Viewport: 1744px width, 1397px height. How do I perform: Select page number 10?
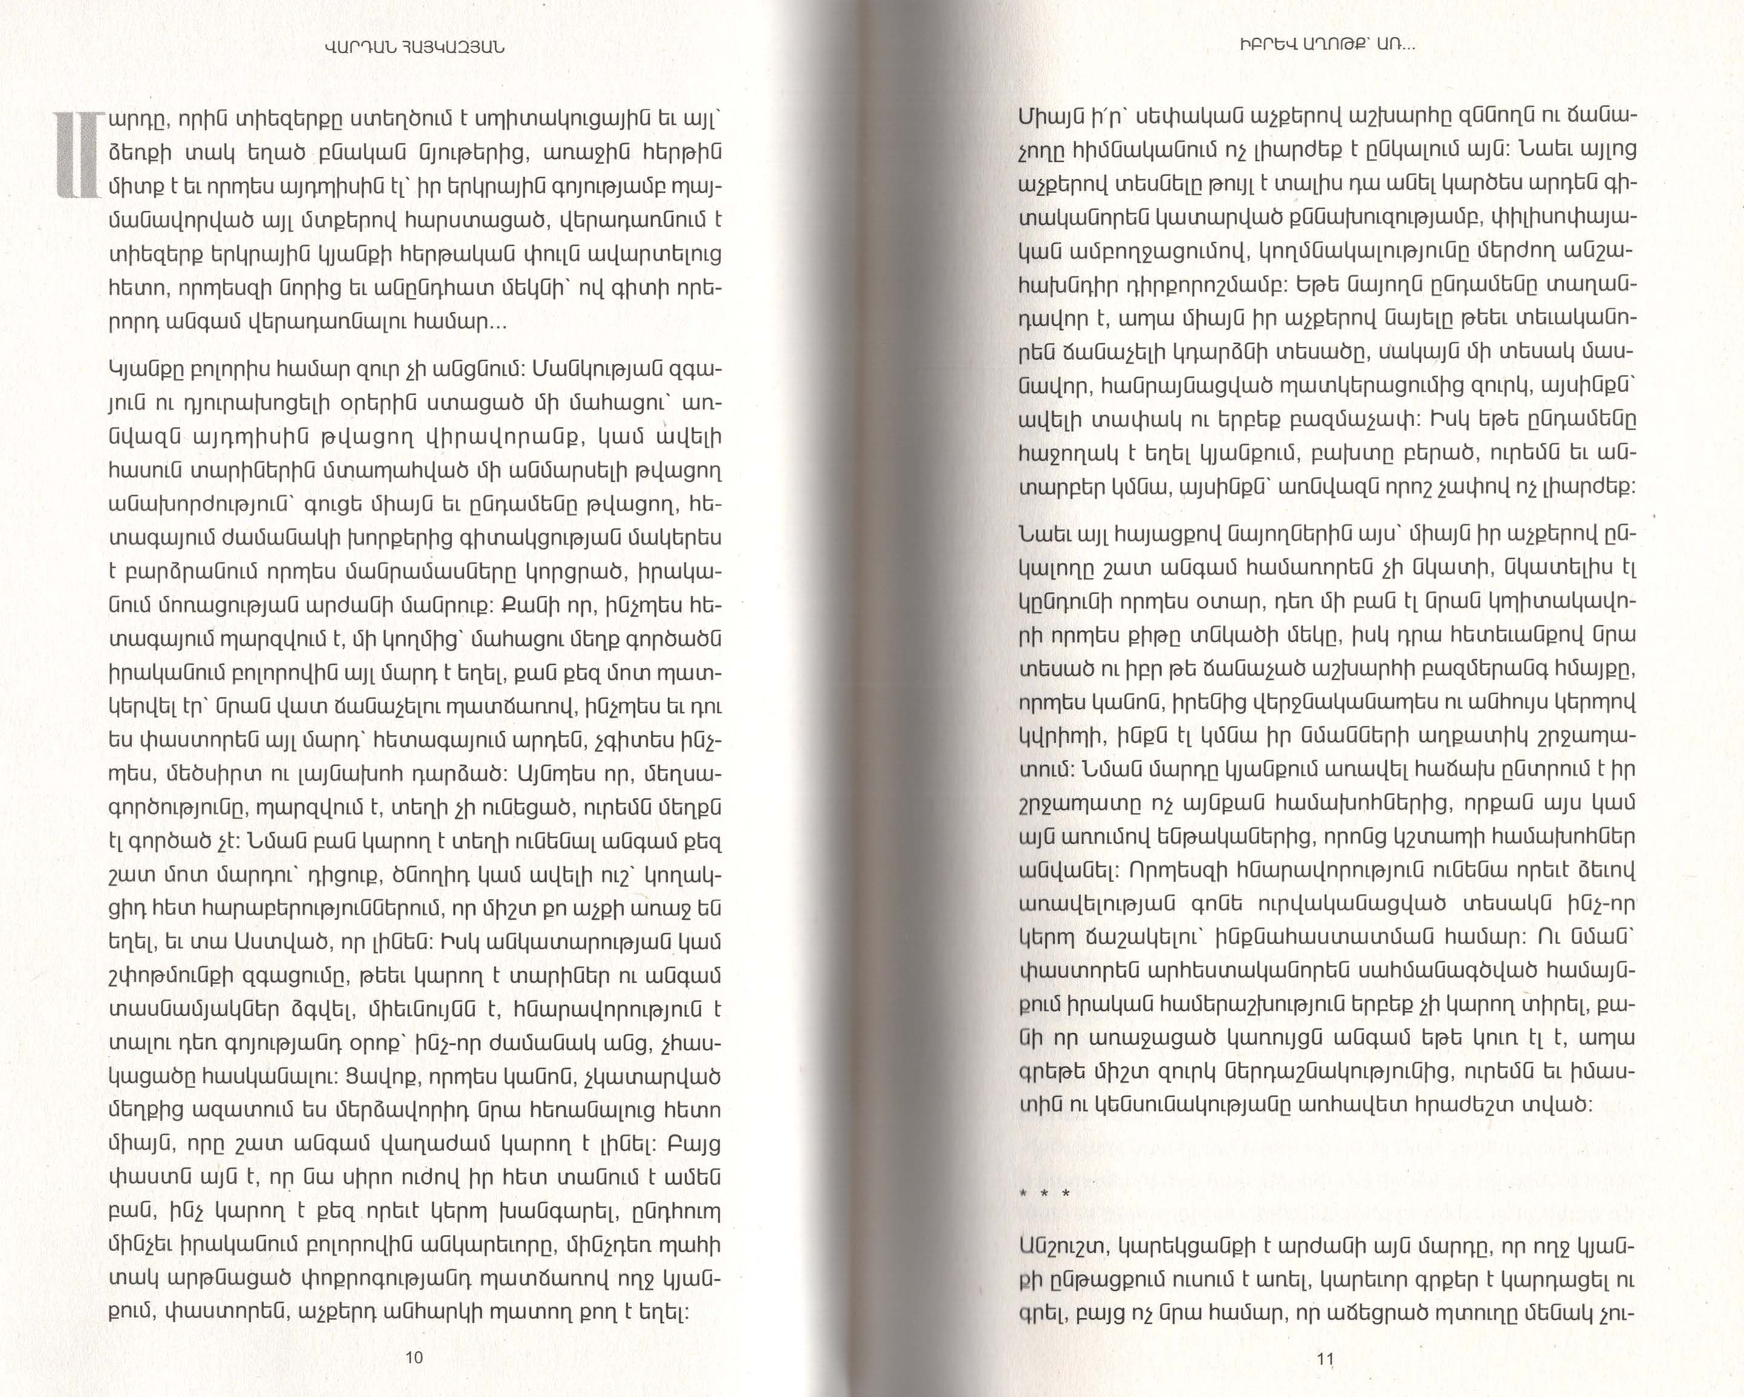tap(413, 1358)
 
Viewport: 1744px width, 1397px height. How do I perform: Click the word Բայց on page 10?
tap(693, 1146)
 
